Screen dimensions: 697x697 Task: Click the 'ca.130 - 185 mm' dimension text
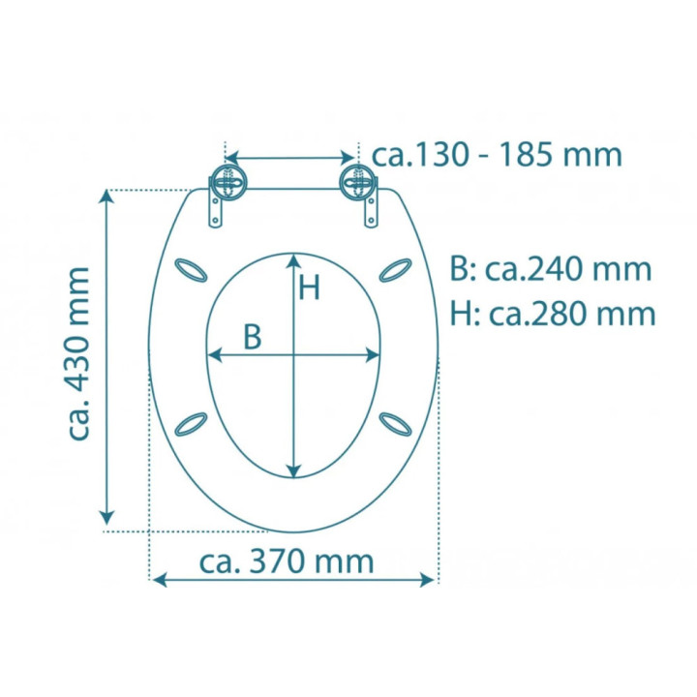[x=497, y=155]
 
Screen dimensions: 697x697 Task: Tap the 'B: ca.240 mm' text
[x=551, y=270]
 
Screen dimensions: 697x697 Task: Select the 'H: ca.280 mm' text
[x=553, y=313]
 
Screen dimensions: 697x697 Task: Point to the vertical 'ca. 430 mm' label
[x=80, y=353]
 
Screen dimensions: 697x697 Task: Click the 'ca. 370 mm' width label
[x=287, y=561]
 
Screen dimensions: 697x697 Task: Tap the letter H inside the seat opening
[x=308, y=288]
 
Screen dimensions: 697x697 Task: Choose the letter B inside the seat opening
[x=252, y=336]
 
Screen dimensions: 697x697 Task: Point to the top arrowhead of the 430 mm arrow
[x=108, y=197]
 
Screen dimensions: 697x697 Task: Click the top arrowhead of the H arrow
[x=293, y=259]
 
